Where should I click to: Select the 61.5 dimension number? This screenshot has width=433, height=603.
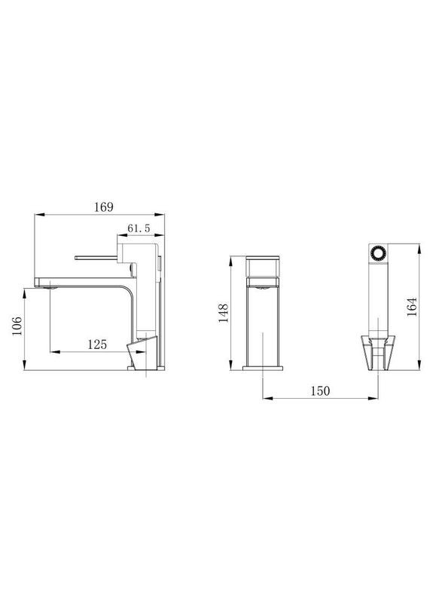pos(141,228)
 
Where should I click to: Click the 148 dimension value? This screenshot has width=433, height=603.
pos(223,313)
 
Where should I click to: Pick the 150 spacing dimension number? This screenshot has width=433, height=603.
pos(319,390)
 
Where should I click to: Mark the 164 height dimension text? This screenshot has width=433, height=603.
pos(411,308)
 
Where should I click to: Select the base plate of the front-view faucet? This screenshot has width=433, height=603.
pos(262,369)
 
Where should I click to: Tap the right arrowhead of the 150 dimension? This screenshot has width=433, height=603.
pos(376,399)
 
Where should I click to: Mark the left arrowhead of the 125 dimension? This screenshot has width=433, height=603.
pos(52,352)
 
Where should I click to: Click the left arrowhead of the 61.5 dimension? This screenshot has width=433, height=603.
pos(120,235)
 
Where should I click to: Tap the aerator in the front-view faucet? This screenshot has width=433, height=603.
pos(262,284)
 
